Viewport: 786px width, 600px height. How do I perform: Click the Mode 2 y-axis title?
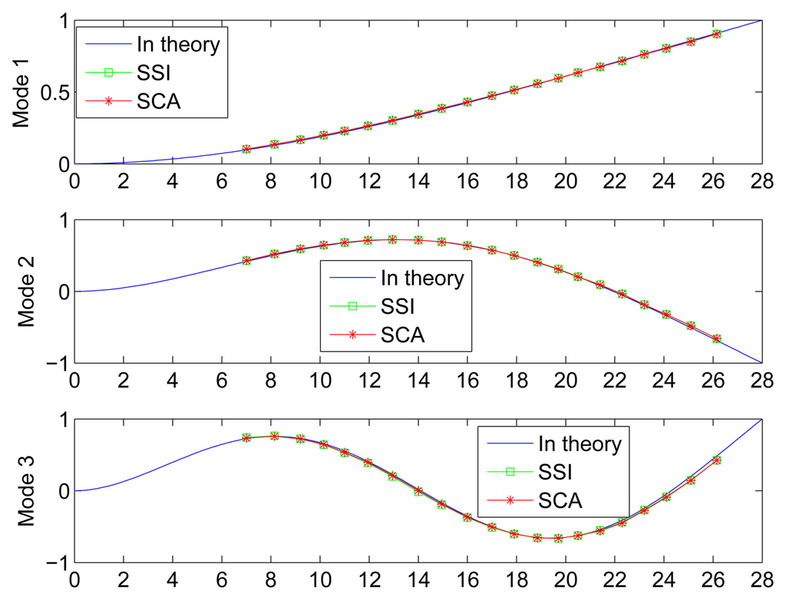point(23,292)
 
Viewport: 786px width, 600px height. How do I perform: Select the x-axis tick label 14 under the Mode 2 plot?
point(418,381)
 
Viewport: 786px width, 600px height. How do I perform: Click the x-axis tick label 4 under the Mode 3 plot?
point(173,580)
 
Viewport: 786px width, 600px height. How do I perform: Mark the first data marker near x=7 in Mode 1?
point(246,149)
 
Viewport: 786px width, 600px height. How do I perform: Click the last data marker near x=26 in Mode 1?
point(716,34)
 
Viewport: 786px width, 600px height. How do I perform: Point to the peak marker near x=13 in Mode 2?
point(393,239)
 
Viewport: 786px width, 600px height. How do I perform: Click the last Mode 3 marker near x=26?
point(716,460)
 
